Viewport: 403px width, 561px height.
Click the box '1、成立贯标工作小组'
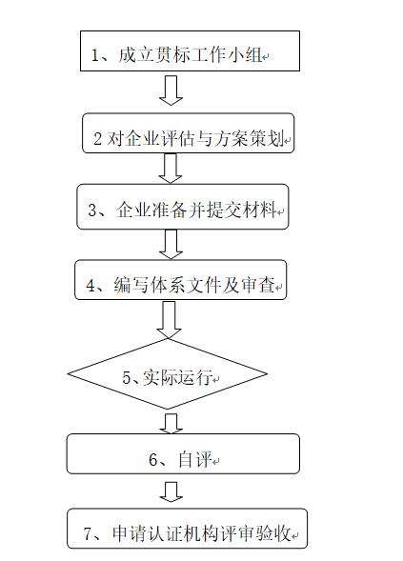[x=190, y=50]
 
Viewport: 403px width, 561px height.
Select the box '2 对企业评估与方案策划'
[x=189, y=133]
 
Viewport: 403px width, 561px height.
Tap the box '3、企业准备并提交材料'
[x=183, y=207]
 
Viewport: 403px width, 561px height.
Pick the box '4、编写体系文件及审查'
[x=181, y=280]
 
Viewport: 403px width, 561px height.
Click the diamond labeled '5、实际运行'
[x=168, y=373]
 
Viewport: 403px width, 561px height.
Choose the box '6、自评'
[x=183, y=453]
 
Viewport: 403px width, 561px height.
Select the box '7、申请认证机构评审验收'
[x=187, y=528]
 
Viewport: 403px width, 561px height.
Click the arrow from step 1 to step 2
[x=171, y=90]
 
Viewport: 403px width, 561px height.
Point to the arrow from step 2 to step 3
[x=171, y=169]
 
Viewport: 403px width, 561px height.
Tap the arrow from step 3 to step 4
[x=171, y=244]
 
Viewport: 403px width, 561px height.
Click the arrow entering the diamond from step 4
[x=169, y=319]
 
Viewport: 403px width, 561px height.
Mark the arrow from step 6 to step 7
[x=171, y=492]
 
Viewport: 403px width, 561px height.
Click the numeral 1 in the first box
[x=95, y=55]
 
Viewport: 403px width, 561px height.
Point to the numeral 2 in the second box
[x=97, y=139]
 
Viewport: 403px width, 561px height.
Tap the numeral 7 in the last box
[x=88, y=533]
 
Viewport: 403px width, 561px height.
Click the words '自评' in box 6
[x=195, y=459]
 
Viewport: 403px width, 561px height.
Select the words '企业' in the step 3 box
[x=133, y=210]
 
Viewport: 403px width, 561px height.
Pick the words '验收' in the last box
[x=272, y=533]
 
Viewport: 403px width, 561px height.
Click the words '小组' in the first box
[x=245, y=54]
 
